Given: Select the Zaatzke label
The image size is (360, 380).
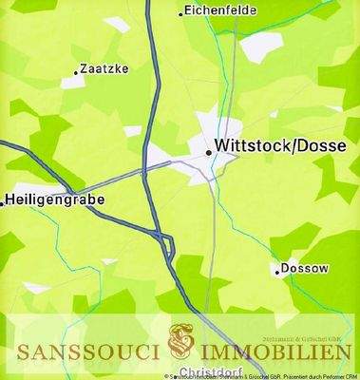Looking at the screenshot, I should (105, 69).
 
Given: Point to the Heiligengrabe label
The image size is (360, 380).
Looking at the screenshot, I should (55, 200).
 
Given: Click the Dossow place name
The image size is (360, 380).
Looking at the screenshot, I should (306, 269).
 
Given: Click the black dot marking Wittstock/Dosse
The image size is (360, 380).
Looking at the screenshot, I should (208, 150).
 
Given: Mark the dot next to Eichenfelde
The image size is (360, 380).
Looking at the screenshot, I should (181, 13).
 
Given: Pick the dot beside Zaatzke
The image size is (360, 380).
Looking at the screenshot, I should (76, 71).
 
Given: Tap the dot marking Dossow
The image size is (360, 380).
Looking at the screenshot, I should (277, 272).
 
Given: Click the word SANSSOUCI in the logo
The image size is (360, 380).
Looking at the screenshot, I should (86, 352).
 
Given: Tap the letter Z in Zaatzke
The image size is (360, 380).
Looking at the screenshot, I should (85, 69).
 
